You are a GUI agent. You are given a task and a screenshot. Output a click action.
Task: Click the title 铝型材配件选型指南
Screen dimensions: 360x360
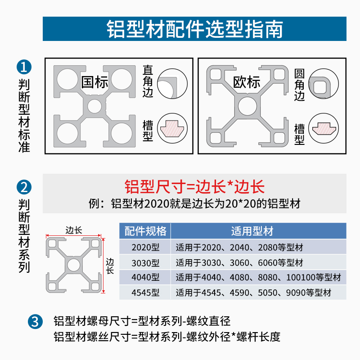[195, 29]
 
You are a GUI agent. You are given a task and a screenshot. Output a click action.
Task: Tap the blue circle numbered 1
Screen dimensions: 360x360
[23, 67]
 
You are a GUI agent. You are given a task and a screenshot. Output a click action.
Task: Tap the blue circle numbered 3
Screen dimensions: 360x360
[35, 321]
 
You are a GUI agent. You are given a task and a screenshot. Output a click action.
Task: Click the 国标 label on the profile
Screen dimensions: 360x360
[94, 82]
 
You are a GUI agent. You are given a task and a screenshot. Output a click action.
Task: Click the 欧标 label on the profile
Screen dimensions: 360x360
[247, 82]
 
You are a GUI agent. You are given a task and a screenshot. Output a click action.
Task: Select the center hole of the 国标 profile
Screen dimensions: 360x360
[94, 107]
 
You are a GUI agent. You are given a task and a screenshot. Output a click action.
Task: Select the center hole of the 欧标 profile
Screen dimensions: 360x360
[247, 107]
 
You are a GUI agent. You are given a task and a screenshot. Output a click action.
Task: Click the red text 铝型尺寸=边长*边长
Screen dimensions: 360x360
[194, 186]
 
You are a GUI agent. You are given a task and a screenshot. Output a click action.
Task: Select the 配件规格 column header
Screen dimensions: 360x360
[145, 231]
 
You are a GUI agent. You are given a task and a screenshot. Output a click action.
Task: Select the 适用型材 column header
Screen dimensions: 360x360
[258, 231]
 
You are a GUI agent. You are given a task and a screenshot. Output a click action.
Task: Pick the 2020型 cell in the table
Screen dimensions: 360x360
[145, 247]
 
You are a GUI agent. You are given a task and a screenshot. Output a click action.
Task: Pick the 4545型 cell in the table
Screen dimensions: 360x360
[145, 293]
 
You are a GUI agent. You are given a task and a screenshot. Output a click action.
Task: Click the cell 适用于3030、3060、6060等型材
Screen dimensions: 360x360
[239, 262]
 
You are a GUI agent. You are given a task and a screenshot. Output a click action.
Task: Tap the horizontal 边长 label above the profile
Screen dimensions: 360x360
[74, 230]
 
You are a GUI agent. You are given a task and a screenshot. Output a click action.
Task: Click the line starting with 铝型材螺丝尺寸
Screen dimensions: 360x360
[166, 337]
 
